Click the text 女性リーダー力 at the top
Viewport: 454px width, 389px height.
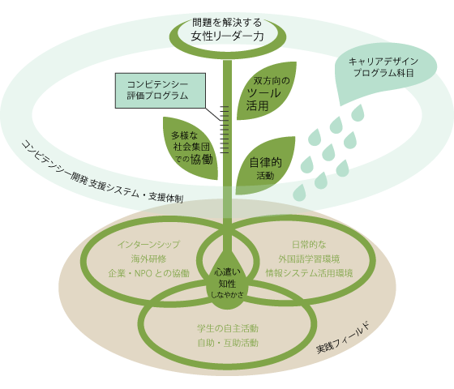pyautogui.click(x=227, y=36)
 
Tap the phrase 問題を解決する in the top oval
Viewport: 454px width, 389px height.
pyautogui.click(x=227, y=21)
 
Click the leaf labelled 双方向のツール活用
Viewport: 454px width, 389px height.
pyautogui.click(x=268, y=94)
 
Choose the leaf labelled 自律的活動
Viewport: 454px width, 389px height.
pyautogui.click(x=264, y=167)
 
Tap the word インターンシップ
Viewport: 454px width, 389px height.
pyautogui.click(x=148, y=244)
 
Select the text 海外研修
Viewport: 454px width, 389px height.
pyautogui.click(x=148, y=259)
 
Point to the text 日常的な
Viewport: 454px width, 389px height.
pyautogui.click(x=308, y=244)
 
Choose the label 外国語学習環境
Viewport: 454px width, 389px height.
pyautogui.click(x=308, y=259)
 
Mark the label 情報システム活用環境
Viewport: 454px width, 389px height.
pyautogui.click(x=308, y=273)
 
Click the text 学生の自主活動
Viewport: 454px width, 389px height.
pyautogui.click(x=228, y=328)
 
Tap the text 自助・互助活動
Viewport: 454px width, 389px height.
pyautogui.click(x=228, y=343)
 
